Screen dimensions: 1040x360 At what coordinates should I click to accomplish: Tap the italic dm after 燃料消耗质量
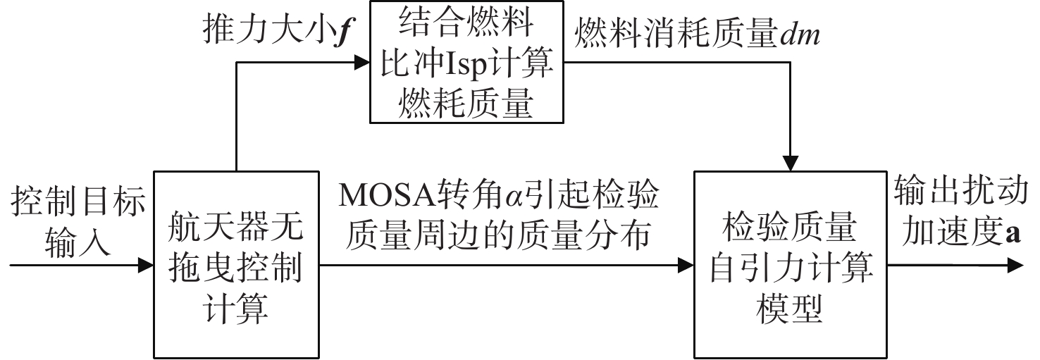pos(800,35)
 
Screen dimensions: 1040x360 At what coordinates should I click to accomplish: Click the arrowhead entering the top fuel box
pos(362,62)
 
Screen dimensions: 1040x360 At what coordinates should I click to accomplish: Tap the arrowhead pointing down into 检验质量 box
pos(790,163)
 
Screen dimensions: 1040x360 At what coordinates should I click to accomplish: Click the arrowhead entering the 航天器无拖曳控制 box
pos(146,266)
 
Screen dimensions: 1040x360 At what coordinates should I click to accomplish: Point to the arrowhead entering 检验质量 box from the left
pos(686,266)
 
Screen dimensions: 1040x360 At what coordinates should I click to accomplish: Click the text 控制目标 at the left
pos(78,201)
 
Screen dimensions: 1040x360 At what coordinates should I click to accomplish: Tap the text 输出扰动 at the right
pos(961,190)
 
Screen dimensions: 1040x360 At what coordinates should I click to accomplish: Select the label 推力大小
pos(268,30)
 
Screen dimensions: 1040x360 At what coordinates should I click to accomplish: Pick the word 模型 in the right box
pos(790,309)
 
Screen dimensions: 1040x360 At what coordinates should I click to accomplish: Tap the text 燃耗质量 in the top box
pos(466,103)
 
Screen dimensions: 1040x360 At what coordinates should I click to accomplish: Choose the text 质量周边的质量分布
pos(497,235)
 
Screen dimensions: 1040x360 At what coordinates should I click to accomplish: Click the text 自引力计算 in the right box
pos(790,269)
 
